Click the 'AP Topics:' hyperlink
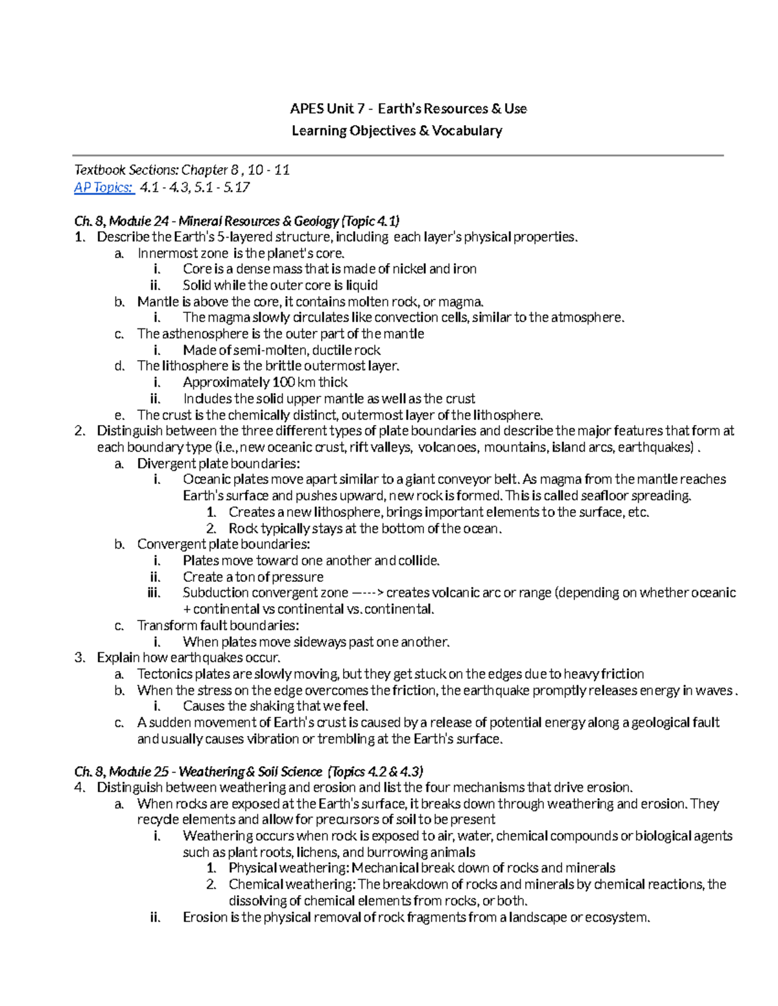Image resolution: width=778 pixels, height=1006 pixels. (104, 188)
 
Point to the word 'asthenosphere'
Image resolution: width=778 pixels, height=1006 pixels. (204, 334)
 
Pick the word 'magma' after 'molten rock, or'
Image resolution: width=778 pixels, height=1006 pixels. (460, 301)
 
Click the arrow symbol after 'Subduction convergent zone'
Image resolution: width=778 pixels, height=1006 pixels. (368, 593)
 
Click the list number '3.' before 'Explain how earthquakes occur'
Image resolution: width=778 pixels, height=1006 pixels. (80, 657)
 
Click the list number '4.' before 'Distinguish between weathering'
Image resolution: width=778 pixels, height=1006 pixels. (80, 788)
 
